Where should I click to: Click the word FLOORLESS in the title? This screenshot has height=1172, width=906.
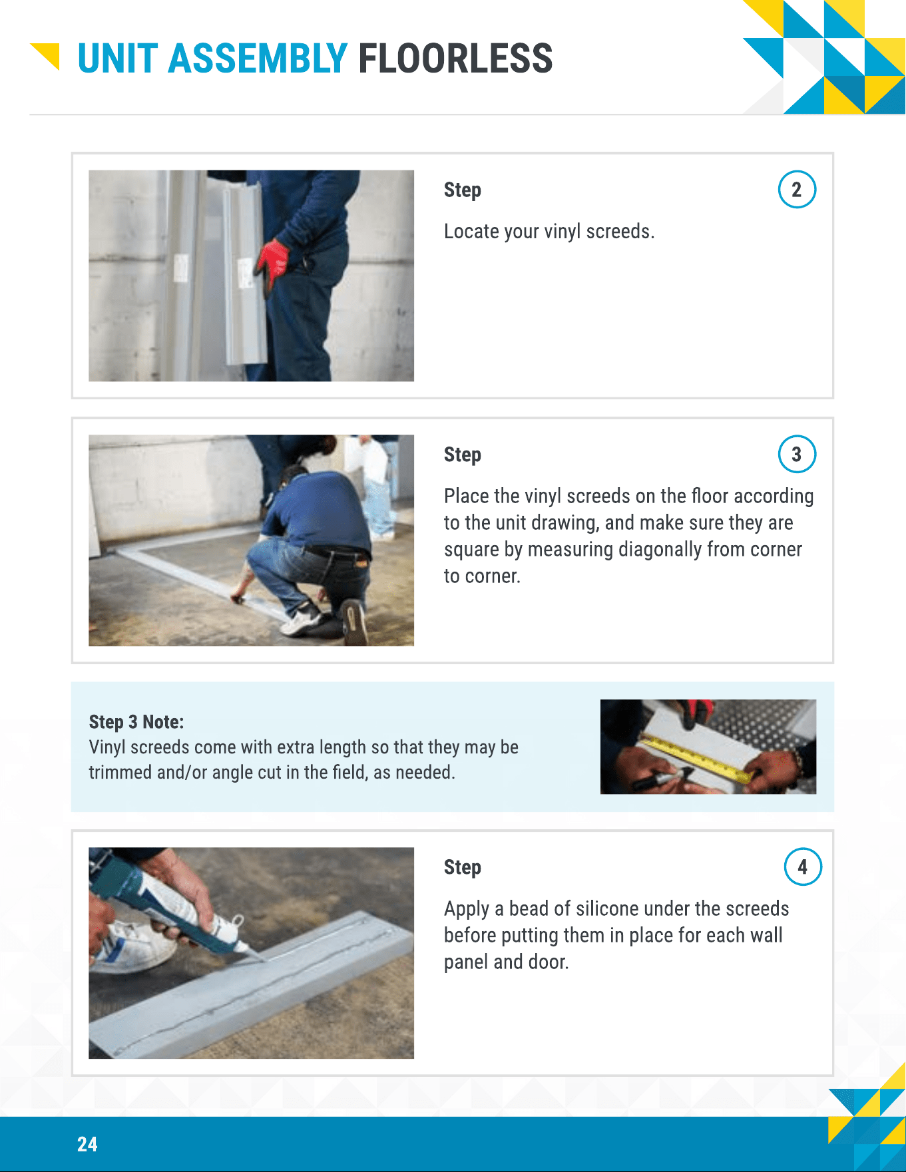click(455, 59)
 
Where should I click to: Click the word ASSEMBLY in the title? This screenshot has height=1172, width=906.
click(258, 59)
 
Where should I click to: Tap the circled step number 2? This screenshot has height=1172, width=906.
click(797, 190)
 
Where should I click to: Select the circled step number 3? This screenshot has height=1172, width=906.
click(797, 455)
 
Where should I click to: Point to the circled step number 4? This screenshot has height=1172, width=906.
click(803, 867)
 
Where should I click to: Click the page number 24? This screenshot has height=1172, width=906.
click(87, 1144)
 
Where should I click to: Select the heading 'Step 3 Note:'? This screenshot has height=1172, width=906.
click(136, 722)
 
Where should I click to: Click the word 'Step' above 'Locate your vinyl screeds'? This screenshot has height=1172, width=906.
click(463, 190)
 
